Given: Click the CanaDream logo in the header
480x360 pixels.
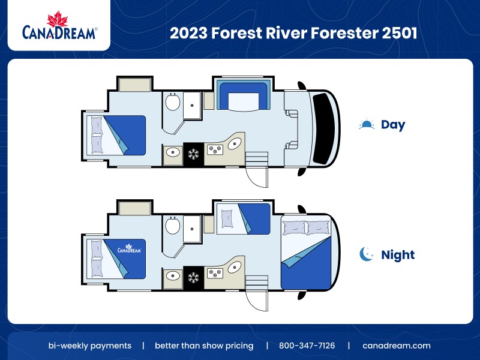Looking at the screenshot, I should click(59, 26).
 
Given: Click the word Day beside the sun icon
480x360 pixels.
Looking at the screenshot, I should click(393, 125).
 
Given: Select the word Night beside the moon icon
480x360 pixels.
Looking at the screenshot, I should click(398, 254).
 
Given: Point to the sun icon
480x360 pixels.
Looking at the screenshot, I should click(367, 124).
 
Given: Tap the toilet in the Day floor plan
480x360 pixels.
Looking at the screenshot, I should click(173, 103).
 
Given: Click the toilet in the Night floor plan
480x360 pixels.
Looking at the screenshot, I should click(173, 226).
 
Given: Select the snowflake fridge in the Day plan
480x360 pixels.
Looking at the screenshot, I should click(193, 154).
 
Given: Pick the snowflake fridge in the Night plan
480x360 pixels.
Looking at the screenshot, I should click(193, 277).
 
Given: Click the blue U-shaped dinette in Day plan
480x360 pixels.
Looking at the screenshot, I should click(242, 97).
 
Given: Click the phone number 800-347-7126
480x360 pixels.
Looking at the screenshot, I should click(307, 346).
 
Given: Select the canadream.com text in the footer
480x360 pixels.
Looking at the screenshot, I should click(397, 346).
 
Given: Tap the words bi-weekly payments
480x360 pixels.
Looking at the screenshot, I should click(90, 346).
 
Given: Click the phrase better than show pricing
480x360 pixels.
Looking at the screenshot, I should click(204, 346).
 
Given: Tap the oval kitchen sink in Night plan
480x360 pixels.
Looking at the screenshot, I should click(235, 268).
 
